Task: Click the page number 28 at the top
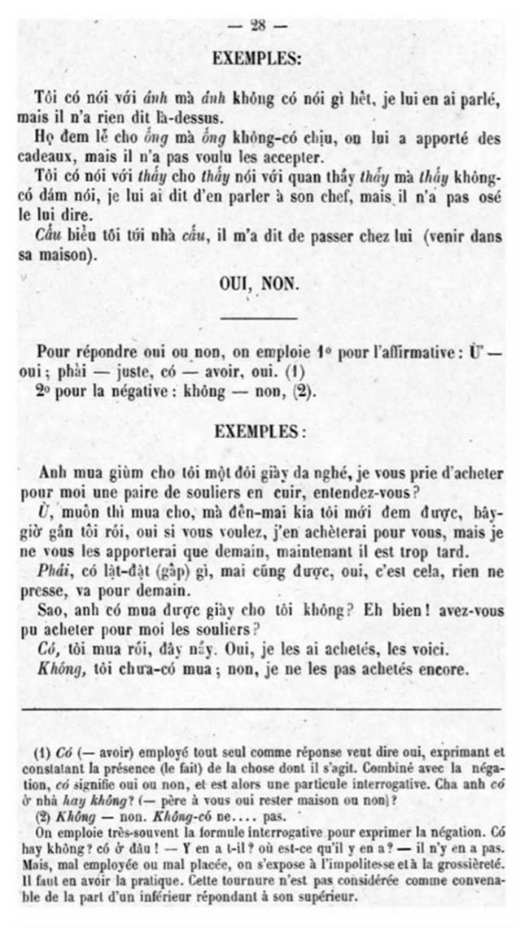[x=259, y=25]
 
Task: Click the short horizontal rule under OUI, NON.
[x=259, y=318]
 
